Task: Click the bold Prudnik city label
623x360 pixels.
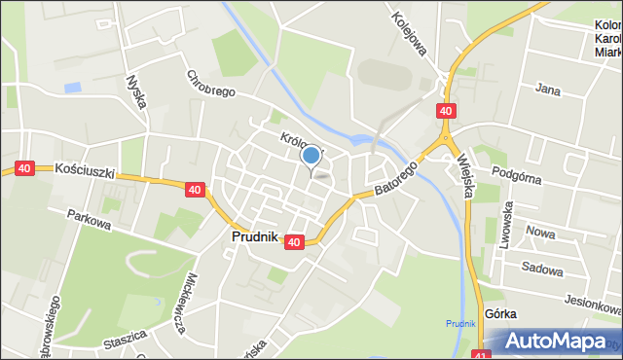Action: [255, 236]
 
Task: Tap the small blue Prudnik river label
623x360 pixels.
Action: [460, 323]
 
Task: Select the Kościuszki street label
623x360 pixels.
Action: [86, 169]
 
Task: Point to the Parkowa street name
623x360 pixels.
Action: [89, 219]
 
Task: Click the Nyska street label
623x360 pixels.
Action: [135, 92]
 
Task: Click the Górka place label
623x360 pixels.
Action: [500, 313]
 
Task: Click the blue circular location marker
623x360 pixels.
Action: [311, 155]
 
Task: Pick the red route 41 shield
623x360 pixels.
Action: [484, 355]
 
